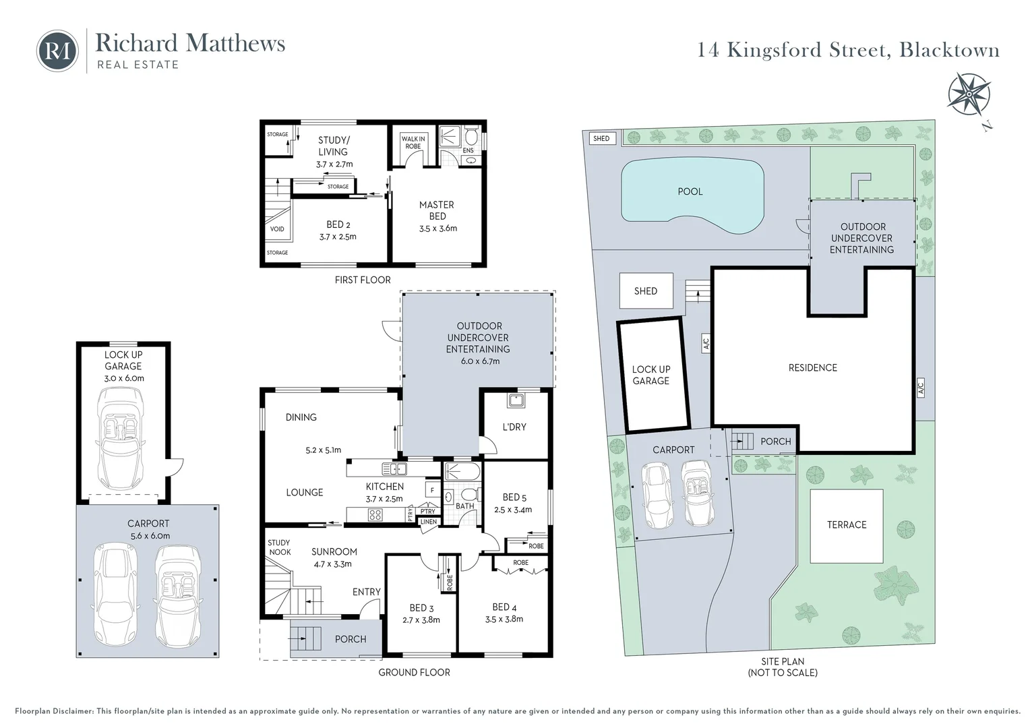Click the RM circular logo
[57, 51]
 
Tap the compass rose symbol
[969, 94]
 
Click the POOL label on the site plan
[690, 191]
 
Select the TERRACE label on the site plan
[847, 524]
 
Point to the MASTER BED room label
[437, 210]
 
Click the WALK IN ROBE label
[413, 142]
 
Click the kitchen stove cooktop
[375, 514]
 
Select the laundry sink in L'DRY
[516, 400]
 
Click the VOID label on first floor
[277, 229]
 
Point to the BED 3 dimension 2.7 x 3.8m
[421, 620]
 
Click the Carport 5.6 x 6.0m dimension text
[148, 536]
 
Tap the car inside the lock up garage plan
[121, 439]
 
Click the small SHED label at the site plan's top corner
[601, 138]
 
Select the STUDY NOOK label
[280, 547]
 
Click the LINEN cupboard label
[429, 522]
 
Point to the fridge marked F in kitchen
[432, 491]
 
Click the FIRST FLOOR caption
[363, 280]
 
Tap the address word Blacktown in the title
[949, 50]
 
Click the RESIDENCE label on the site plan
[812, 367]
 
